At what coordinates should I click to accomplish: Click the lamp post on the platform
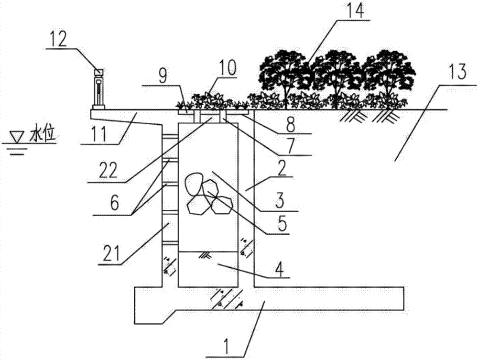pos(98,88)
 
